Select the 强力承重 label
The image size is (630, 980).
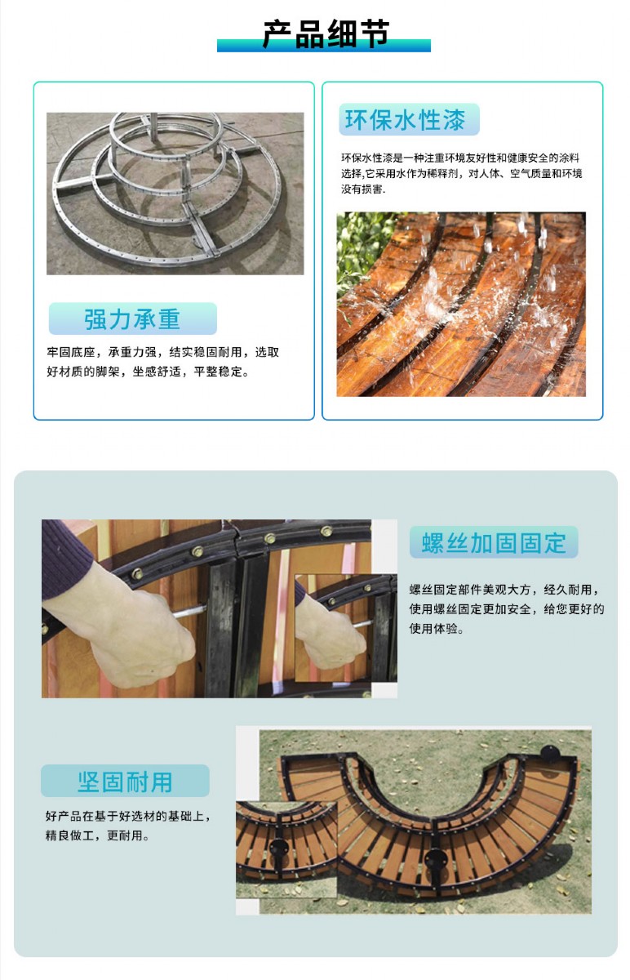(132, 319)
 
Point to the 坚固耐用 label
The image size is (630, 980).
(125, 782)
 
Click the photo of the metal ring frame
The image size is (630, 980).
(175, 194)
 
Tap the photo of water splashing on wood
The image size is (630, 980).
(461, 304)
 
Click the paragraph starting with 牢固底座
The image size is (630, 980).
(163, 362)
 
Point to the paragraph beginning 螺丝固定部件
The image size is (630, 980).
(506, 609)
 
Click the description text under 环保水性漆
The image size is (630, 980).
(462, 173)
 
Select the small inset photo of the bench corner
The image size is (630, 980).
(286, 849)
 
